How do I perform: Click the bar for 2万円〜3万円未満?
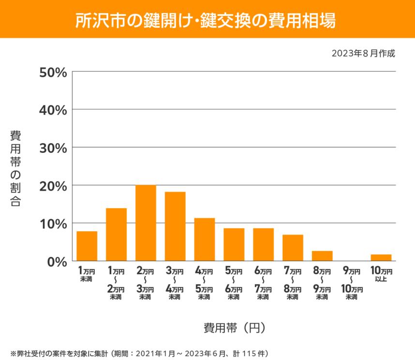(146, 223)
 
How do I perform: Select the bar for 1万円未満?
(87, 246)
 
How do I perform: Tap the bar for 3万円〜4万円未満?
(175, 226)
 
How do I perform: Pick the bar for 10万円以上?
(381, 257)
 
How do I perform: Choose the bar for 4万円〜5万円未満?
(205, 240)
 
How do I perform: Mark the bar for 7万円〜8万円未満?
(293, 248)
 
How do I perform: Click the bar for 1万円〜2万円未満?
(116, 235)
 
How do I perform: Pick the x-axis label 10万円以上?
(381, 274)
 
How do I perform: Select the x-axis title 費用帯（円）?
(234, 328)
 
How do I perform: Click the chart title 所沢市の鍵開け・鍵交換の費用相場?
(207, 19)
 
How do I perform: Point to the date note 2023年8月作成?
(363, 53)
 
